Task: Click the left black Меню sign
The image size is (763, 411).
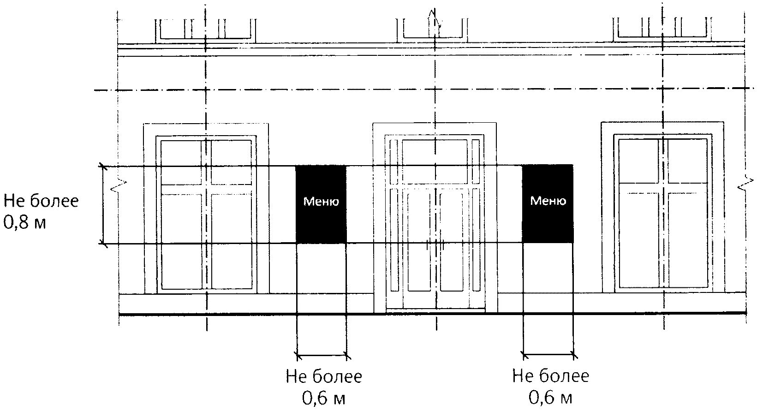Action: pyautogui.click(x=321, y=203)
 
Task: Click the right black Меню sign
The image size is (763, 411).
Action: pyautogui.click(x=548, y=203)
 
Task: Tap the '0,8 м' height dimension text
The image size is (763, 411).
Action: pyautogui.click(x=25, y=223)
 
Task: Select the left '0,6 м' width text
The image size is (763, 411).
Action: pyautogui.click(x=323, y=398)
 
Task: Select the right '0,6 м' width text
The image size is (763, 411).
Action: pyautogui.click(x=550, y=398)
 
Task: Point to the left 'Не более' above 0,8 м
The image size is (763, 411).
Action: pyautogui.click(x=41, y=201)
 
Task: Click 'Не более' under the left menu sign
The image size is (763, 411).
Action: pyautogui.click(x=323, y=376)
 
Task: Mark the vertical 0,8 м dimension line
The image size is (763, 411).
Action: pyautogui.click(x=103, y=204)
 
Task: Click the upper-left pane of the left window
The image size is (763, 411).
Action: pyautogui.click(x=181, y=161)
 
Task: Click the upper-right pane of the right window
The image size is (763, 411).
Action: pyautogui.click(x=687, y=159)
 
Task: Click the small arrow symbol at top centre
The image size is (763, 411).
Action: pyautogui.click(x=434, y=21)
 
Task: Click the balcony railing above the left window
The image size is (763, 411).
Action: pyautogui.click(x=205, y=29)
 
